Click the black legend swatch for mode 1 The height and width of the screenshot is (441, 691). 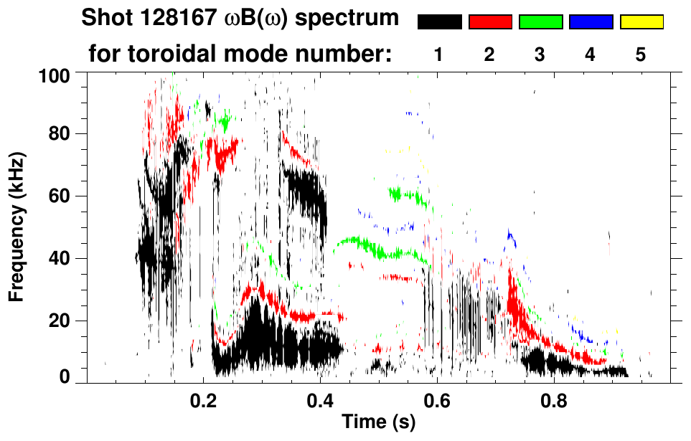tap(439, 22)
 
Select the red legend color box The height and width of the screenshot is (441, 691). tap(490, 22)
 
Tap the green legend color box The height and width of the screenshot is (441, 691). tap(540, 22)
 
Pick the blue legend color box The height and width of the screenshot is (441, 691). tap(591, 22)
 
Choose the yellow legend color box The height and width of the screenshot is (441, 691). tap(641, 22)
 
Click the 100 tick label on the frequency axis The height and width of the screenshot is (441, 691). tap(54, 74)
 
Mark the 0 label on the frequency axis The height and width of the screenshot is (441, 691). tap(63, 377)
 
